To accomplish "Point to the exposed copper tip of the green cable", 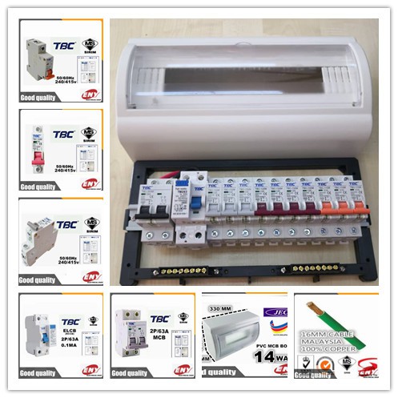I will (308, 305).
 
